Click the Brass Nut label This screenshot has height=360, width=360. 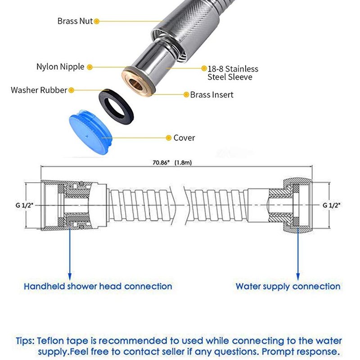[75, 21]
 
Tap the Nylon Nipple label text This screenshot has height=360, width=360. [60, 67]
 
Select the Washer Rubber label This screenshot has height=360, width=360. [39, 90]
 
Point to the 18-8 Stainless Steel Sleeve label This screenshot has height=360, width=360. [233, 73]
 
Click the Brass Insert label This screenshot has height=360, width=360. [211, 94]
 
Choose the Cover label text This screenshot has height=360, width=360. [184, 138]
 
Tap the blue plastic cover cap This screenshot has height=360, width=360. [90, 132]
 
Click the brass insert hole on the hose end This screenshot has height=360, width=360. [135, 83]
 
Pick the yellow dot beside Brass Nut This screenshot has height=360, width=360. [97, 21]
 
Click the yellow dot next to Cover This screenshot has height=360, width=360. [168, 138]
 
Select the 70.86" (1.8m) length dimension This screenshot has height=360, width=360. [172, 162]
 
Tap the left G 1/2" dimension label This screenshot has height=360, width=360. [24, 205]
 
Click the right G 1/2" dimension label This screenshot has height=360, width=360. [331, 205]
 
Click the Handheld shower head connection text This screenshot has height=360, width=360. [98, 286]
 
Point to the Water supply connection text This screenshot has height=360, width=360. [288, 286]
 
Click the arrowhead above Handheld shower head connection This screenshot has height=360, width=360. [70, 276]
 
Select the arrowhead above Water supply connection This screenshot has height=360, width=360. [298, 276]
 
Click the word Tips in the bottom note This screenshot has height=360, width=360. [25, 341]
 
